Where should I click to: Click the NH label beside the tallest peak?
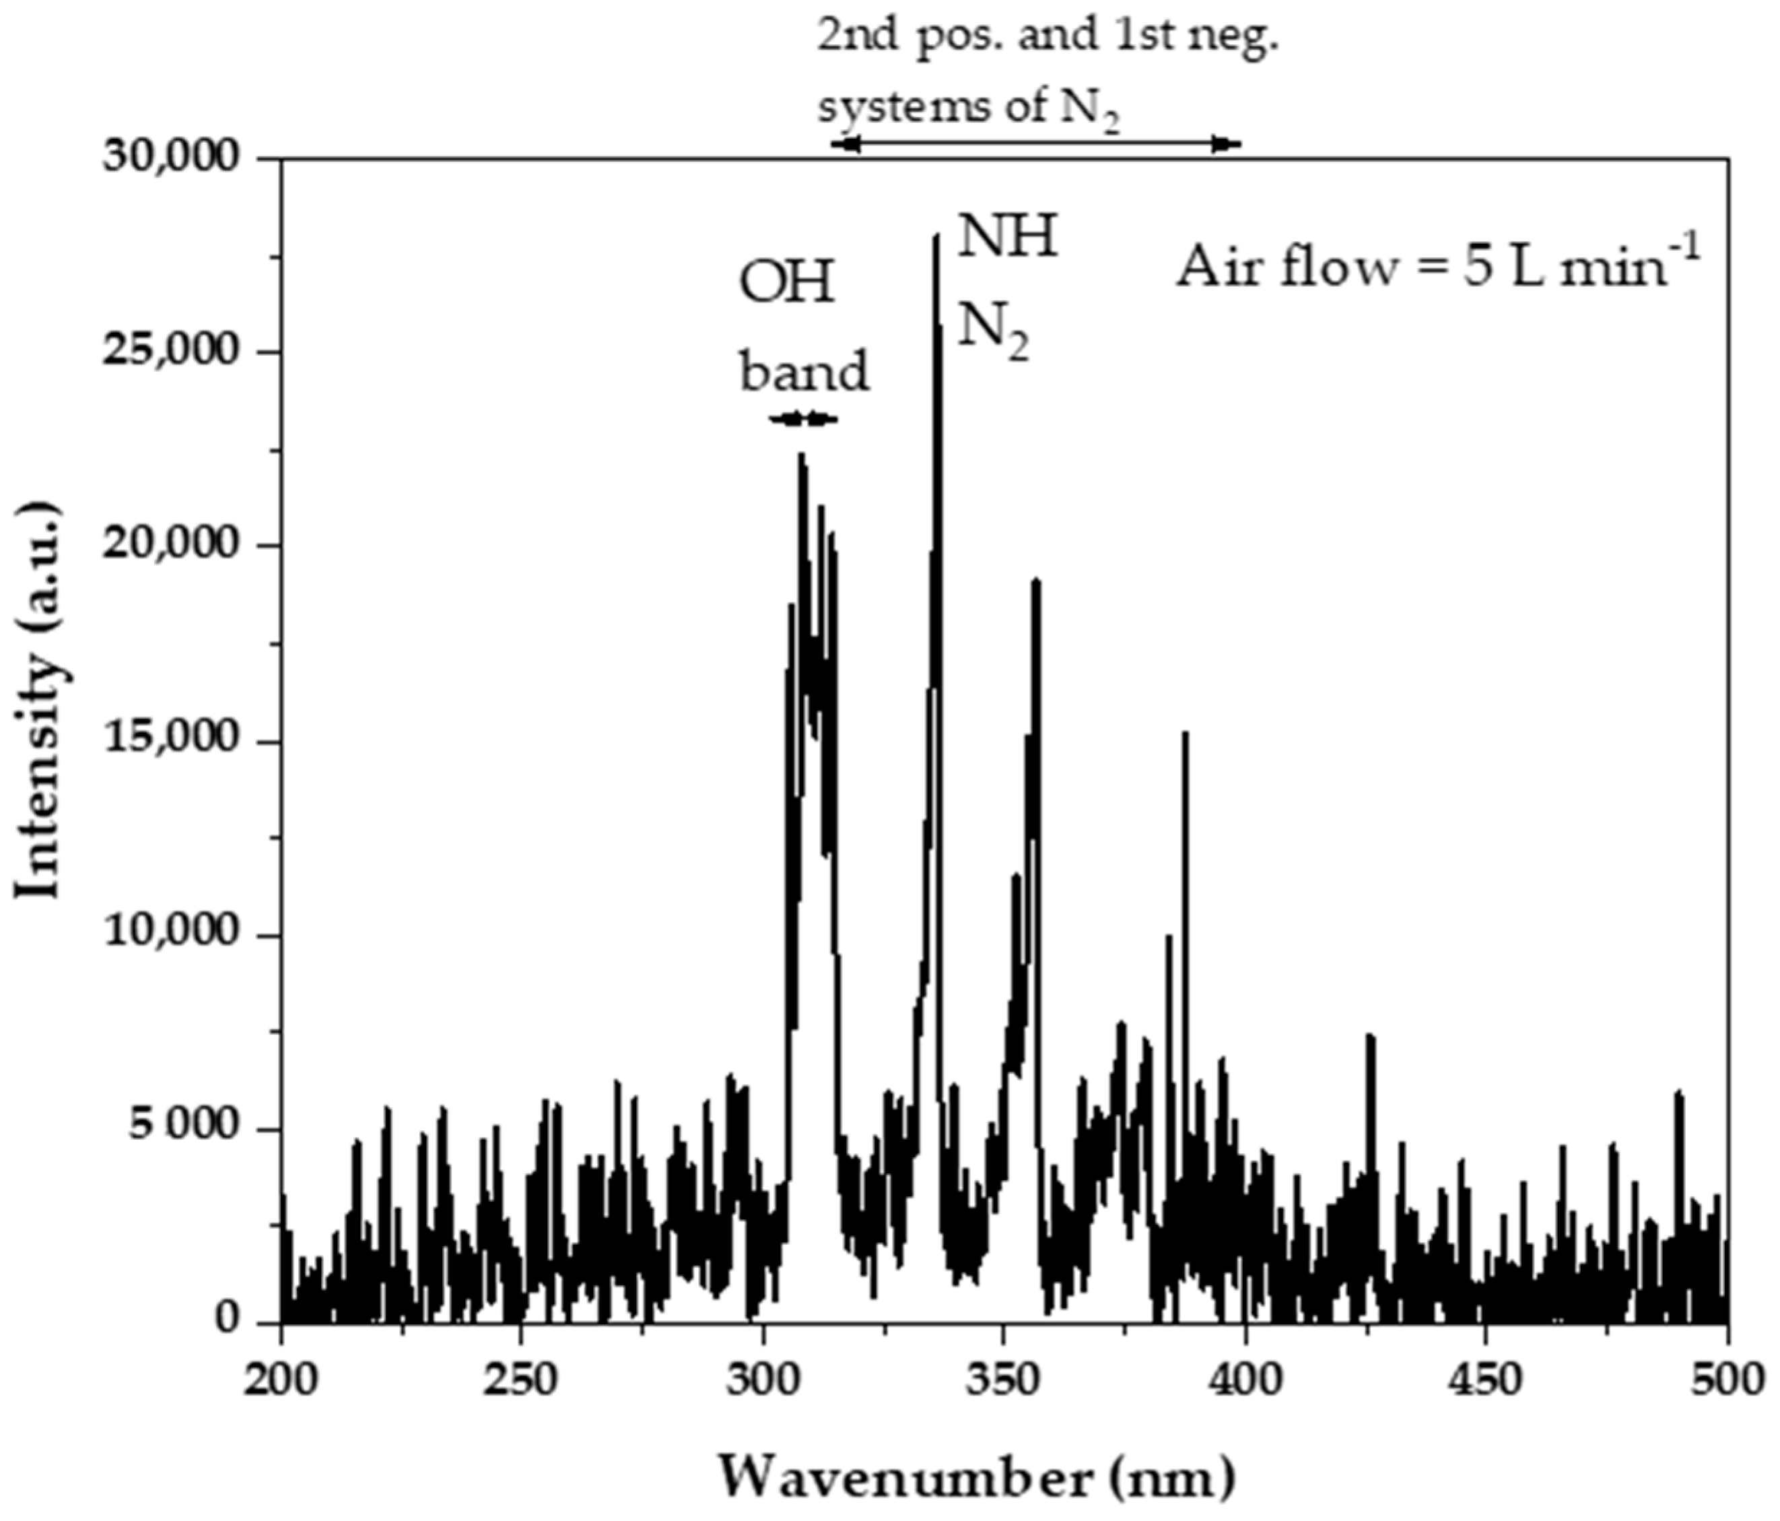coord(1007,237)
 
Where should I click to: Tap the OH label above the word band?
coord(787,284)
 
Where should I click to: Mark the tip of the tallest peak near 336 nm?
coord(936,236)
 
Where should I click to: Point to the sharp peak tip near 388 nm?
coord(1186,733)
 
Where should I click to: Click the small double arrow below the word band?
coord(803,420)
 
